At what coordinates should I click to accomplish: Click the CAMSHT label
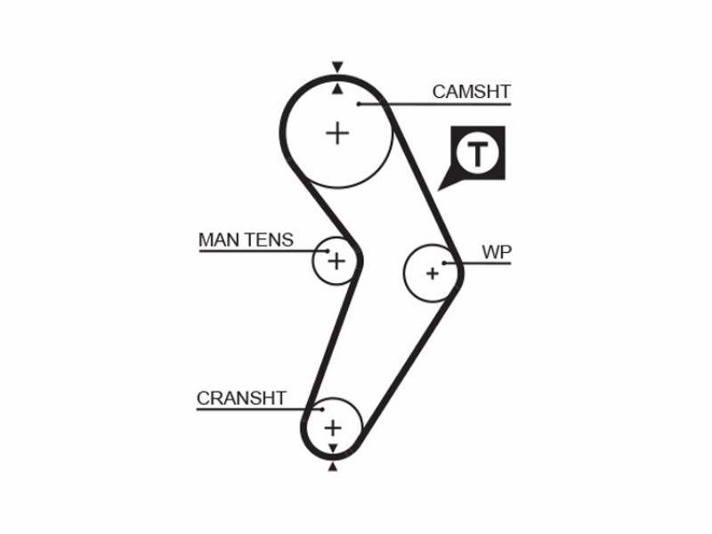pyautogui.click(x=472, y=92)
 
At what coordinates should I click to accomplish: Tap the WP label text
pyautogui.click(x=497, y=252)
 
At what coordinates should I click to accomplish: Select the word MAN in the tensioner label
pyautogui.click(x=220, y=239)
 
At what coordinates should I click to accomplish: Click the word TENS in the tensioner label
pyautogui.click(x=270, y=239)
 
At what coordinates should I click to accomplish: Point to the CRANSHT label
pyautogui.click(x=241, y=398)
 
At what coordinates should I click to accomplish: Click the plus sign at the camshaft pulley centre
pyautogui.click(x=337, y=133)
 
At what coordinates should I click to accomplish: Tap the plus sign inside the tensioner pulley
pyautogui.click(x=336, y=261)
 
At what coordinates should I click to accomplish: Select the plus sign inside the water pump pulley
pyautogui.click(x=433, y=273)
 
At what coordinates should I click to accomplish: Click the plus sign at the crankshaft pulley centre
pyautogui.click(x=333, y=428)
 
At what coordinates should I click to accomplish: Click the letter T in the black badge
pyautogui.click(x=477, y=154)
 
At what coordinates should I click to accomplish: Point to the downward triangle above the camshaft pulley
pyautogui.click(x=337, y=67)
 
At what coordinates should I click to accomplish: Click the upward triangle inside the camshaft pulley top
pyautogui.click(x=337, y=89)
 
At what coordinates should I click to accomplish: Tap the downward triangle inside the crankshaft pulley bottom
pyautogui.click(x=333, y=449)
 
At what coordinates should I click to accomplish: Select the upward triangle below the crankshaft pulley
pyautogui.click(x=333, y=466)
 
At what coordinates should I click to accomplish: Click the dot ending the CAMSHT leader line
pyautogui.click(x=359, y=104)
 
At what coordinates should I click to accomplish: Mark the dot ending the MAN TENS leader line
pyautogui.click(x=328, y=251)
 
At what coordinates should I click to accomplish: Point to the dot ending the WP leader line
pyautogui.click(x=444, y=263)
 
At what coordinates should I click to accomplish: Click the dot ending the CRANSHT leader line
pyautogui.click(x=322, y=409)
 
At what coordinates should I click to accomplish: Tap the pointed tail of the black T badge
pyautogui.click(x=438, y=190)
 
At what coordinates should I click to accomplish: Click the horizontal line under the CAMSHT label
pyautogui.click(x=434, y=104)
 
